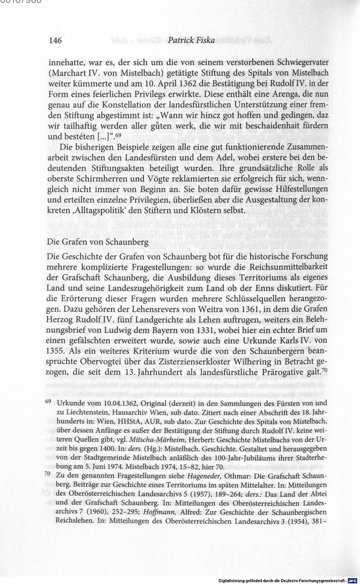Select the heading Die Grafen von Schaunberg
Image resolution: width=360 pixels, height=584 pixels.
(98, 242)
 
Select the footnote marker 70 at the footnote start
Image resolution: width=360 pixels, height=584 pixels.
(50, 474)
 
